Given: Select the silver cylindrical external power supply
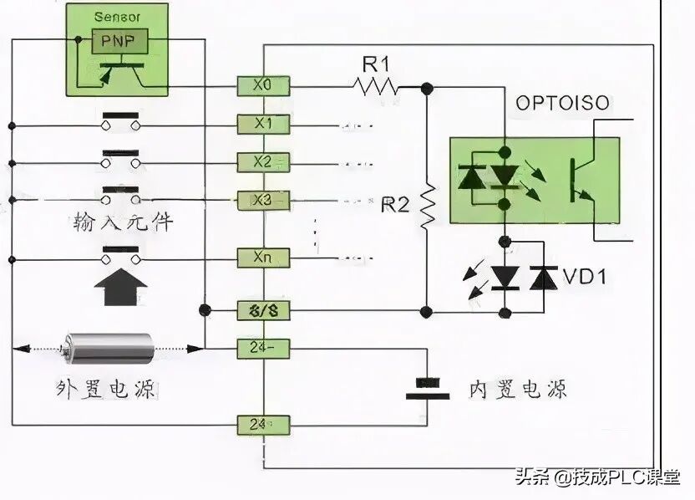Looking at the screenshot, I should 109,347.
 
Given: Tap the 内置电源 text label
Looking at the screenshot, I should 517,389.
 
